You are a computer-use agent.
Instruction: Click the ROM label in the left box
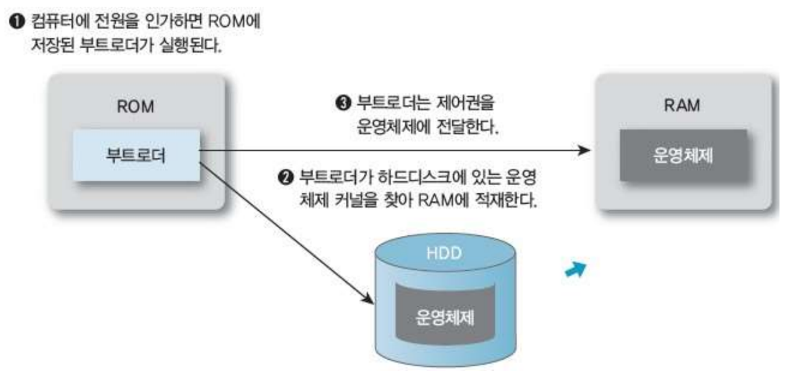pos(136,108)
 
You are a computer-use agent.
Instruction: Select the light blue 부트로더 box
pos(136,154)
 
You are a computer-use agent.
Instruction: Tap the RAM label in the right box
pos(685,108)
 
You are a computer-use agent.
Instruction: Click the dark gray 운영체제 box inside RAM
pos(683,154)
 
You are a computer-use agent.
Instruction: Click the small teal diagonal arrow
pos(574,268)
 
